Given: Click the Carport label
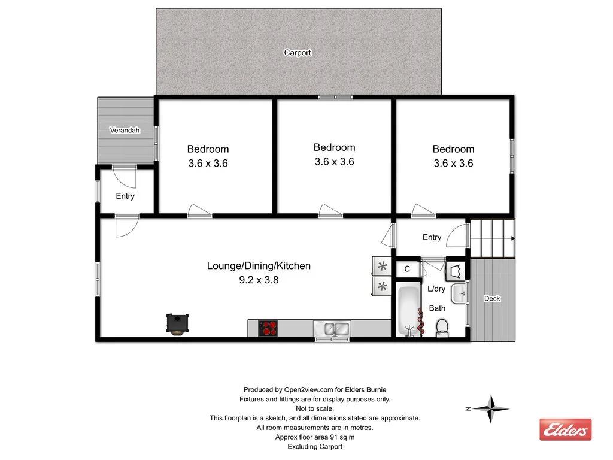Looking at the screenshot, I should [x=297, y=53].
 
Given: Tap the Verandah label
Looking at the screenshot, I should [x=125, y=130].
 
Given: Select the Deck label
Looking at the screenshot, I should [x=492, y=298].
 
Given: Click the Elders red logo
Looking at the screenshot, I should [x=565, y=429].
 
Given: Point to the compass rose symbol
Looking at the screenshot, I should [x=490, y=409].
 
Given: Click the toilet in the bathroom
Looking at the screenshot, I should [x=442, y=327].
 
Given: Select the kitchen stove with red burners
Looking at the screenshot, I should [x=268, y=328].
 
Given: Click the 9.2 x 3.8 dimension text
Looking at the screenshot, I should [x=259, y=279].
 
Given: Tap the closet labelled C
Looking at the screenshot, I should [x=407, y=269].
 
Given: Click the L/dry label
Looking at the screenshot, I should [x=436, y=289].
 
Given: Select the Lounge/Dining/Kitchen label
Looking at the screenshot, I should [x=259, y=265].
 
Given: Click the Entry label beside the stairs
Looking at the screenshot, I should [x=432, y=237].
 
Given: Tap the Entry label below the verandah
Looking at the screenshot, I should [x=125, y=196].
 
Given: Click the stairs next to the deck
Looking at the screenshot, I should [x=492, y=238].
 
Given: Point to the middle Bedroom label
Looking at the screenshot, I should [x=334, y=147].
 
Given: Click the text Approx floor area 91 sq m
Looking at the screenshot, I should [x=314, y=437].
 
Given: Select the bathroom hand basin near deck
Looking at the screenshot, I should [x=459, y=293].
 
